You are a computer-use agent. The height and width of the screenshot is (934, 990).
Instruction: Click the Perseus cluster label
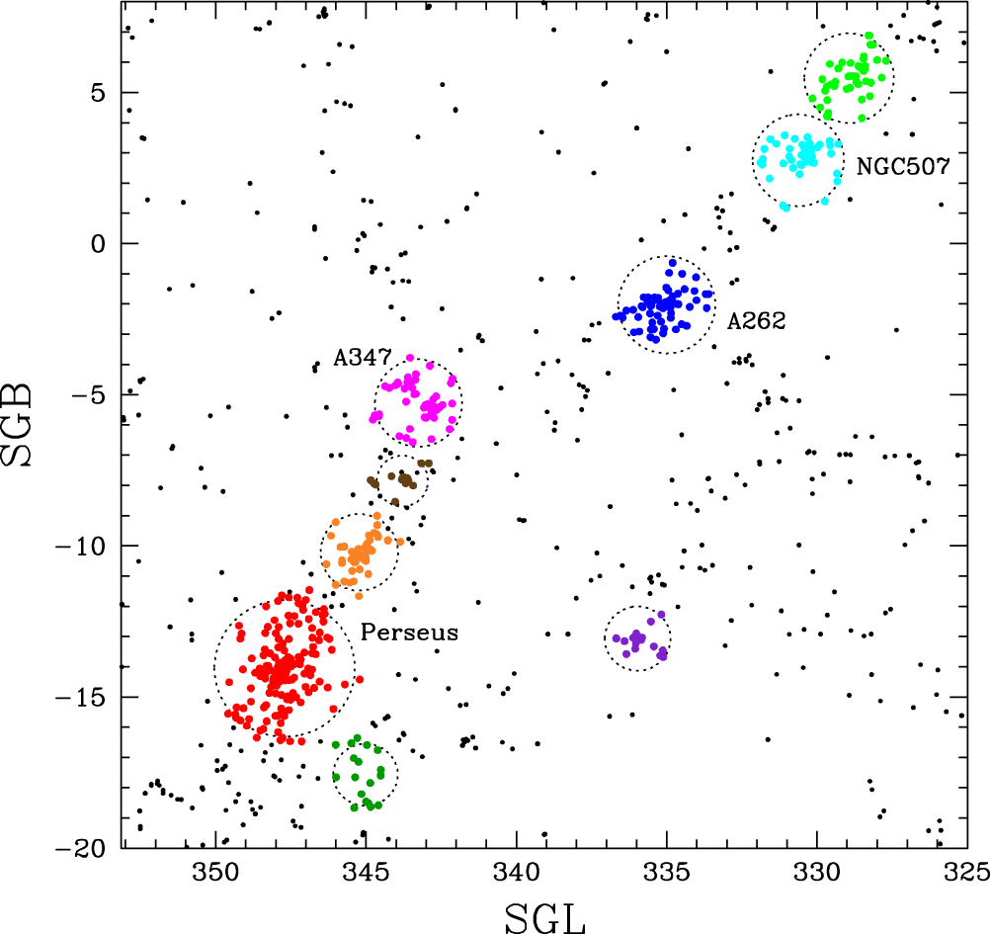409,633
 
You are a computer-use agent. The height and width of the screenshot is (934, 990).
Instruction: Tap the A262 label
757,321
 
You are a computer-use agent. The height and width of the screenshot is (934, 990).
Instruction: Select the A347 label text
363,358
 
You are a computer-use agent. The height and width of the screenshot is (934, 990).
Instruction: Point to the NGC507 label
903,166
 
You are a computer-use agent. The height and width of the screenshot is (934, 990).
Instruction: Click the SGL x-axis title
545,918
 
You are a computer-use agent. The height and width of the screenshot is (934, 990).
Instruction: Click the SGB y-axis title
17,424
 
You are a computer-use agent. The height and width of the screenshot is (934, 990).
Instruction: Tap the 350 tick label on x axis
216,873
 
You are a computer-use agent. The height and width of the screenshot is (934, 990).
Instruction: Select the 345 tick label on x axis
367,873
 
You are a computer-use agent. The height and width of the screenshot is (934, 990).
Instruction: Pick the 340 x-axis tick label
517,873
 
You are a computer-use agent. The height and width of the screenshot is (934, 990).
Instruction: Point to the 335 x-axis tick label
667,873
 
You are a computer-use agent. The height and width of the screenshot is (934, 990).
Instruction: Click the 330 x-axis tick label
817,873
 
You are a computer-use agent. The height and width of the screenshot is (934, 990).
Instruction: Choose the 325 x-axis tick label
966,873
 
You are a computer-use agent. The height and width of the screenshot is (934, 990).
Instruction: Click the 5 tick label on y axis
98,93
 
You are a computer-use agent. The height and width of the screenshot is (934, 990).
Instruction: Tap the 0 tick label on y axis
98,244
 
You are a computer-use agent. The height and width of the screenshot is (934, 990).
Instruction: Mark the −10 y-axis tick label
80,547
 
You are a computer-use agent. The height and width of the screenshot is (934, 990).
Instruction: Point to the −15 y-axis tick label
80,697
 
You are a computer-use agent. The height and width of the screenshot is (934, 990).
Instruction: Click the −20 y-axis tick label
80,849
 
